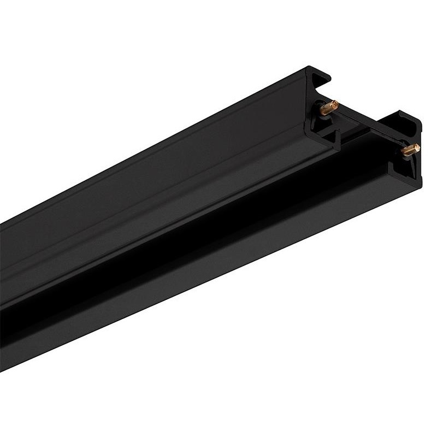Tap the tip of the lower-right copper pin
coord(416,146)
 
